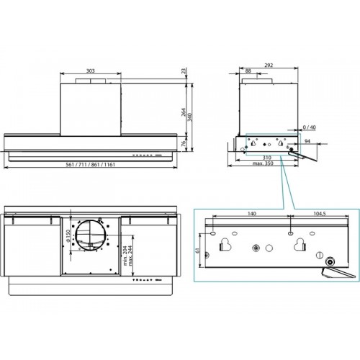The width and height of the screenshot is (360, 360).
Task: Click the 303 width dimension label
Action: point(91,71)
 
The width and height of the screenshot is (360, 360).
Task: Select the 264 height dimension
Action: point(184,112)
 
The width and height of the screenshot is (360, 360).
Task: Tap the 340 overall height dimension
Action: point(189,117)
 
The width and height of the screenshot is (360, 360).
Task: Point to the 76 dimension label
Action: point(183,143)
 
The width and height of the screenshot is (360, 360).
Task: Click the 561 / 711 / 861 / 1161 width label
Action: point(91,165)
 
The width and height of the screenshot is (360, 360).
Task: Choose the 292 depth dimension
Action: point(269,65)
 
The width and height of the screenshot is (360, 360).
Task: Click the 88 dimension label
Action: point(248,71)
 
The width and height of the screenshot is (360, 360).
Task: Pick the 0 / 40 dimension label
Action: point(309,127)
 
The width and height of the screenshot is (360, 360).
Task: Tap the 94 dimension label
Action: point(307,141)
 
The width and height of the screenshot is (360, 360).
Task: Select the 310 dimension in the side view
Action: point(267,158)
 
